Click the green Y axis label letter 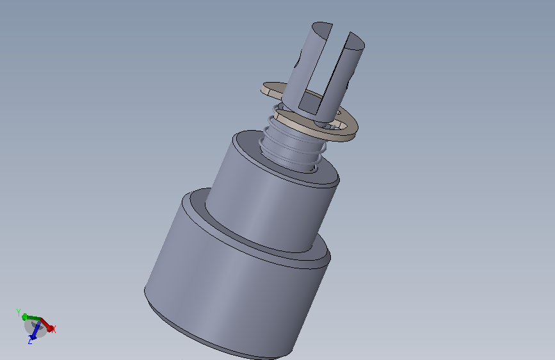coord(19,313)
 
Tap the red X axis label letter coord(53,329)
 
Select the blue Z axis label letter coord(31,341)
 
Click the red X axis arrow coord(47,324)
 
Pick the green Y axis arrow coord(31,317)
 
